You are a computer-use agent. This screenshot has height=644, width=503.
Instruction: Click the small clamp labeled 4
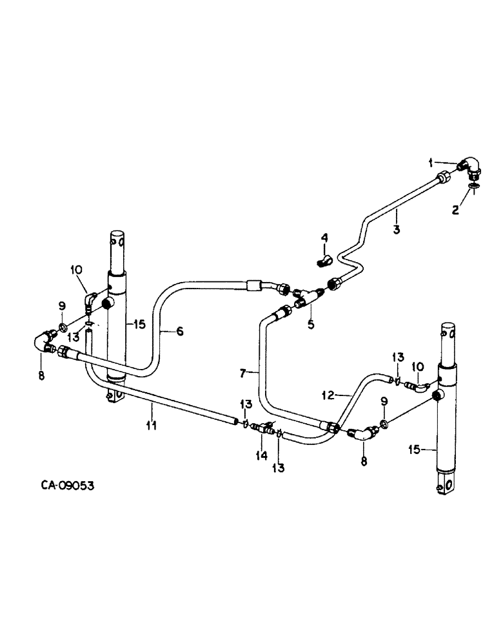point(326,261)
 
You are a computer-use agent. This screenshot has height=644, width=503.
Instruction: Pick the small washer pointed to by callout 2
point(474,187)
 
